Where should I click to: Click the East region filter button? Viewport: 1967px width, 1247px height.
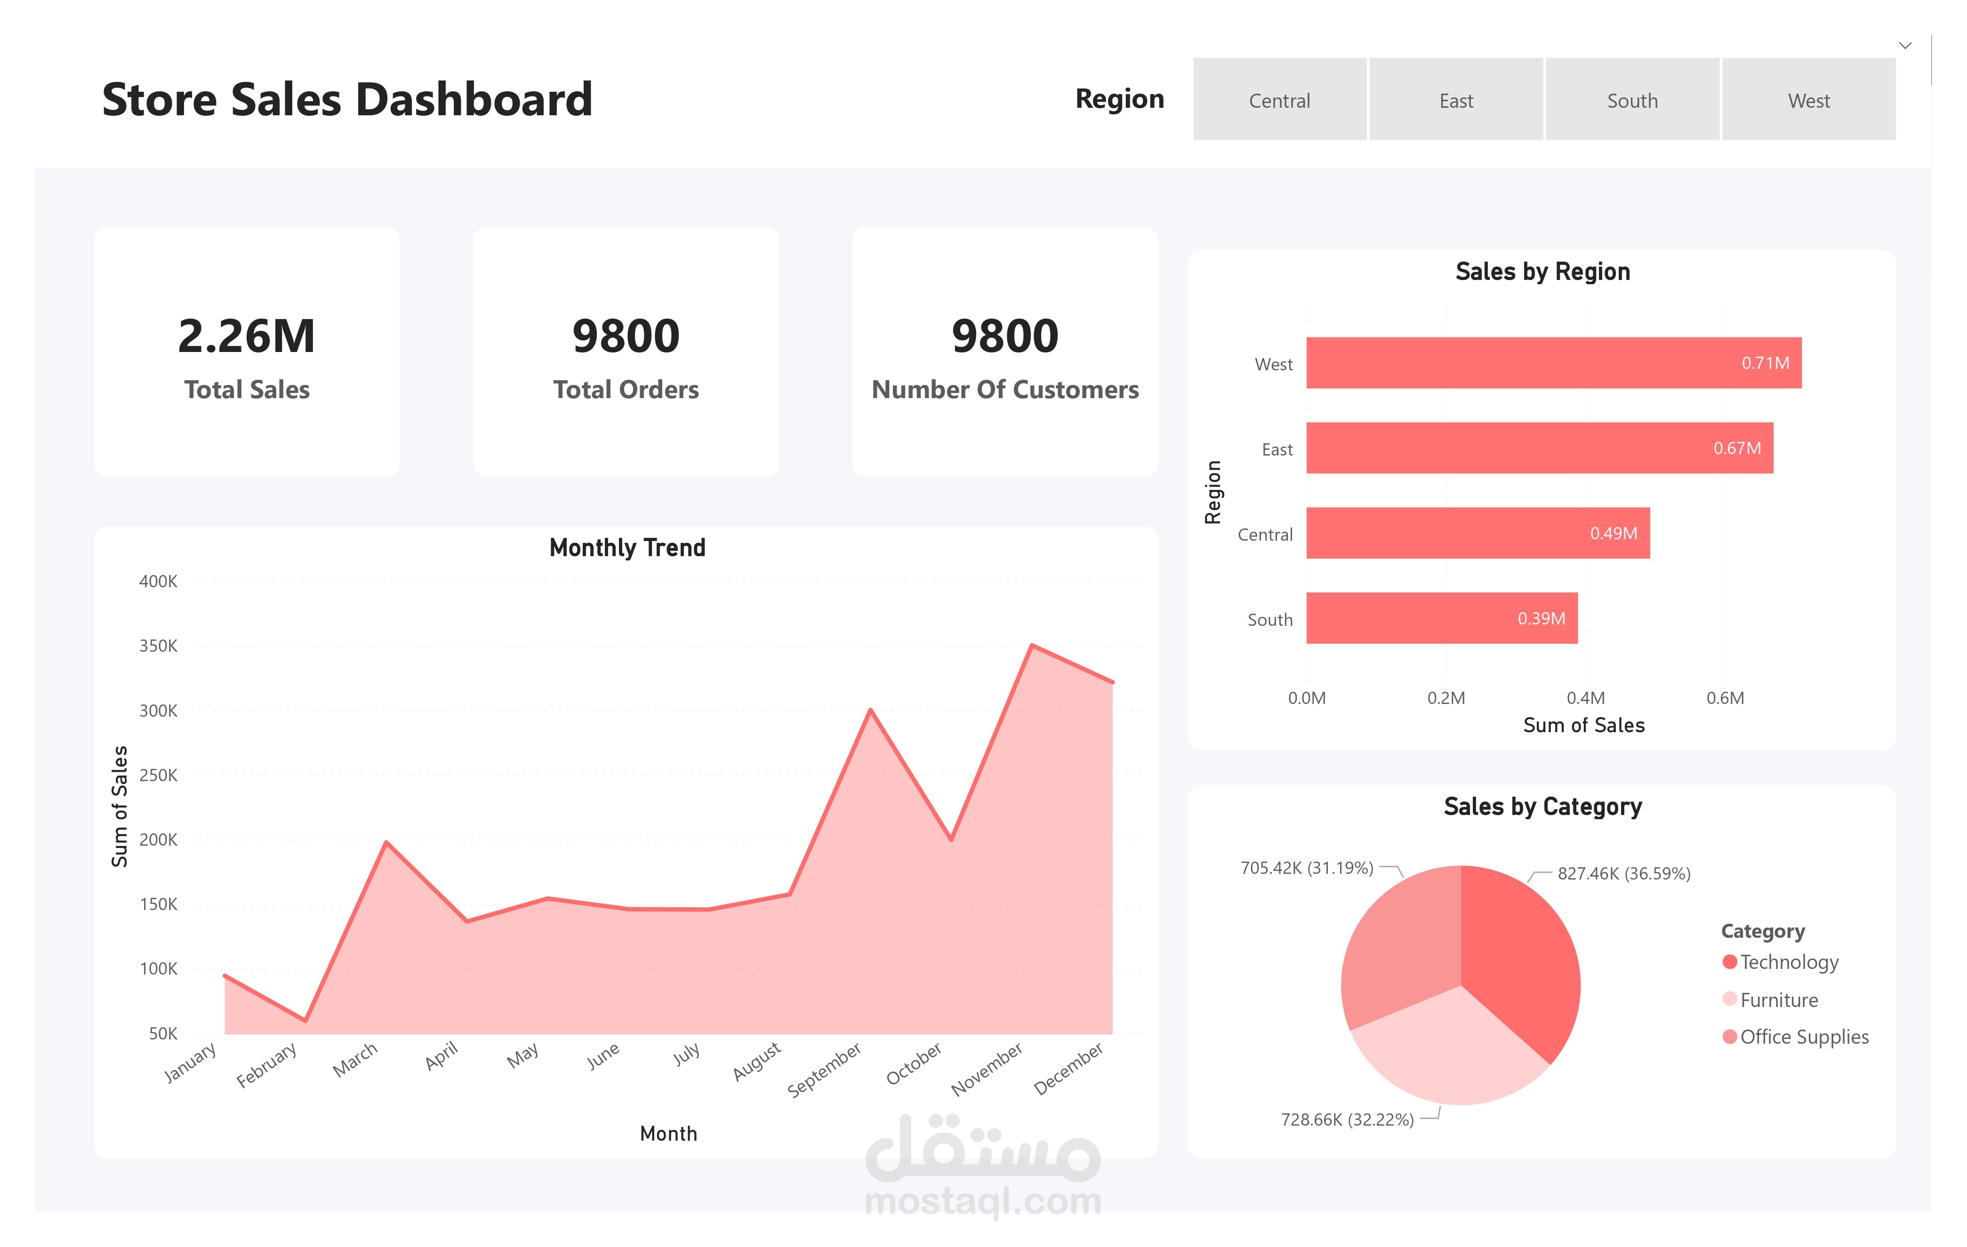point(1456,100)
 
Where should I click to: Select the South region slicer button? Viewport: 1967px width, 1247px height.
point(1632,100)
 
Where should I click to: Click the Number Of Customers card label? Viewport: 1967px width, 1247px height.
point(1005,390)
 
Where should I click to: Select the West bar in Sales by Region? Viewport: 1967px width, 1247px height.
point(1552,363)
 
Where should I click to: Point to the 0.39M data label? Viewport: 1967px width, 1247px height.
point(1541,619)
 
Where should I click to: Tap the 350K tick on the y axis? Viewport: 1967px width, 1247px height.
point(159,646)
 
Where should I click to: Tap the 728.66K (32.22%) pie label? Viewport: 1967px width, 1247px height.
point(1347,1119)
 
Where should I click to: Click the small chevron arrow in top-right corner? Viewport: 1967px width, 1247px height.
point(1905,46)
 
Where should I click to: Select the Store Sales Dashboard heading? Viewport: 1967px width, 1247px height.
point(347,100)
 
